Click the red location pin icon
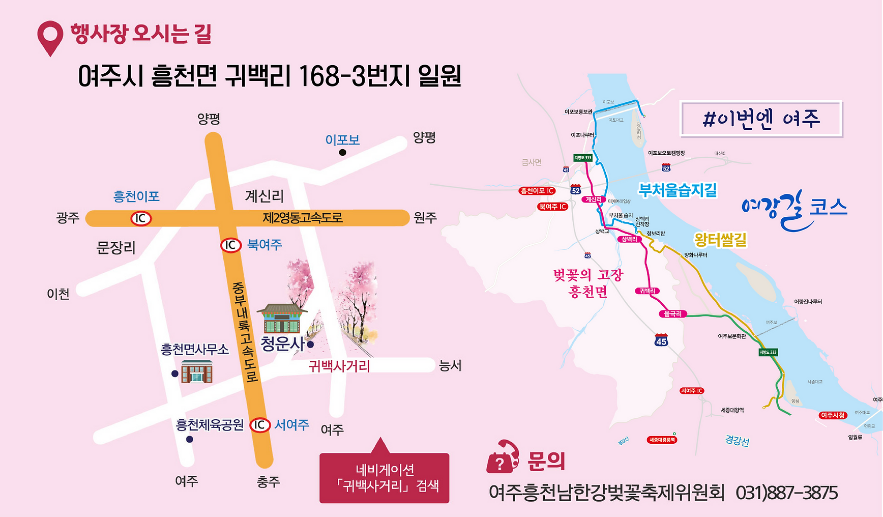point(50,37)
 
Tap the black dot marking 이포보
point(342,152)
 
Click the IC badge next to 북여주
point(230,245)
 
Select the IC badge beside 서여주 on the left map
point(259,425)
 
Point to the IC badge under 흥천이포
point(140,218)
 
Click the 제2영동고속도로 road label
point(302,218)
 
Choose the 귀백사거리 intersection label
point(339,366)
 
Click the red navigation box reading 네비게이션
point(385,478)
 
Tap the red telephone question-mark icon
point(502,457)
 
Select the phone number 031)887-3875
point(786,493)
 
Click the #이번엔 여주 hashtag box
point(761,119)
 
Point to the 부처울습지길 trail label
point(678,190)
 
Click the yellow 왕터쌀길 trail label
point(720,239)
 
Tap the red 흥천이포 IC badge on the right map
point(537,191)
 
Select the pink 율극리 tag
point(672,314)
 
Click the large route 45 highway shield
point(661,340)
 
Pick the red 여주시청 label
point(833,415)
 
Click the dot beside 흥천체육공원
point(190,439)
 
